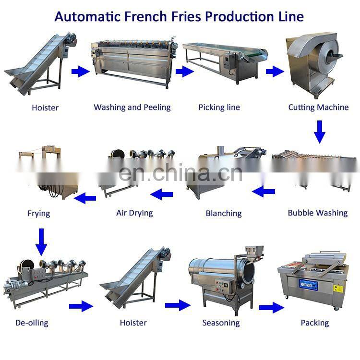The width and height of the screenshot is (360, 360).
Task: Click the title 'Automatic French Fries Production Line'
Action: (x=179, y=16)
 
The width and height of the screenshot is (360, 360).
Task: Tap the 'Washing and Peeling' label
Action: (x=132, y=107)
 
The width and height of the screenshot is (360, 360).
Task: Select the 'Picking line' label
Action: (x=219, y=107)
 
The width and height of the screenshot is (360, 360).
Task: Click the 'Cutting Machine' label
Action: (x=318, y=107)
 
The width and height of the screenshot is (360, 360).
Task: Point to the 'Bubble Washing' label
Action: (x=318, y=213)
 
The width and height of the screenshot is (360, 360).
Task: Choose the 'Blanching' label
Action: (x=224, y=213)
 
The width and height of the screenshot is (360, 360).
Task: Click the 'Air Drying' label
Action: (x=134, y=213)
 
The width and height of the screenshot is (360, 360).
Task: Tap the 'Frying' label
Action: (x=39, y=213)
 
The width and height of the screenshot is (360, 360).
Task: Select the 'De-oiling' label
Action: (x=32, y=323)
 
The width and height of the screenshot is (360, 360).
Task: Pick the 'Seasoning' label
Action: (x=220, y=323)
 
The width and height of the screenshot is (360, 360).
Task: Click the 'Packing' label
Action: (x=315, y=323)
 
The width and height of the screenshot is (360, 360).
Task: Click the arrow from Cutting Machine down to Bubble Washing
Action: (x=320, y=132)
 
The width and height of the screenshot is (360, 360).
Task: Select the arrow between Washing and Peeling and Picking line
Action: (x=184, y=72)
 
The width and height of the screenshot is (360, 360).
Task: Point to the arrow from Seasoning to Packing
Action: (x=272, y=307)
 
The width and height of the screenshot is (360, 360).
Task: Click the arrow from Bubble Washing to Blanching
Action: (x=264, y=192)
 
